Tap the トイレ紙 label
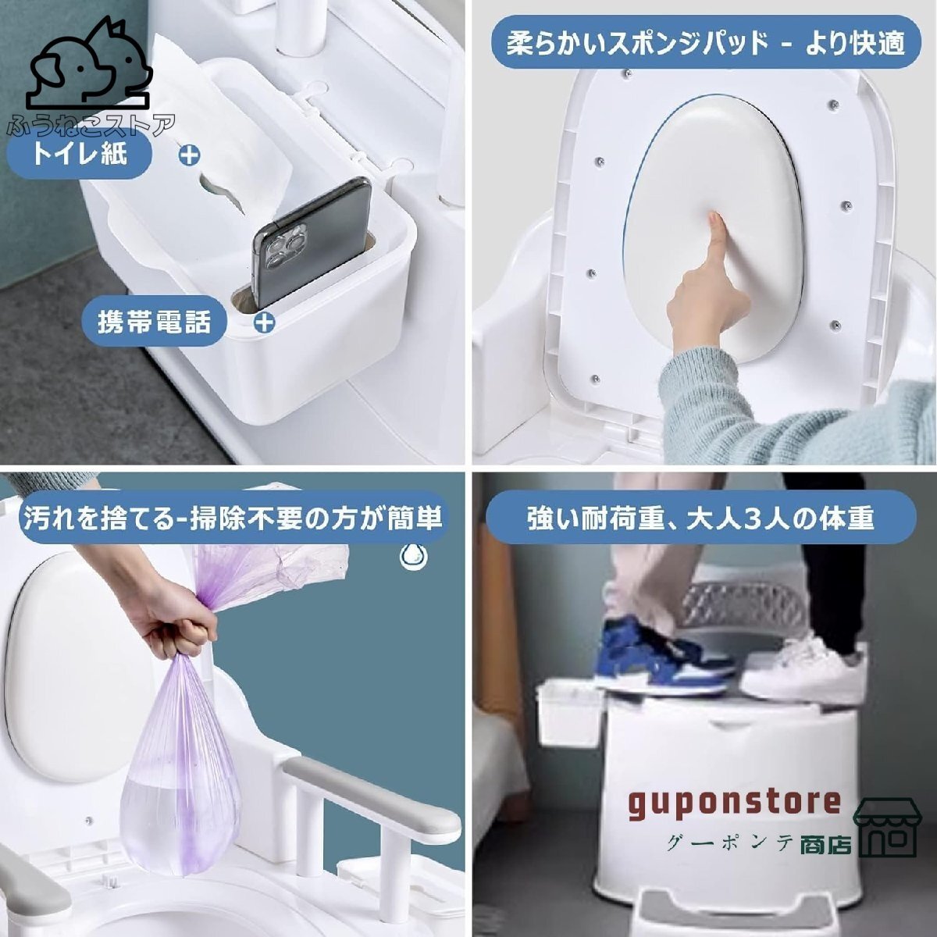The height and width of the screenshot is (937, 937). click(x=78, y=153)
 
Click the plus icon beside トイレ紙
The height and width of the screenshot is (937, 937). click(x=189, y=154)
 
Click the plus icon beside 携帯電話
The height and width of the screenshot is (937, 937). click(x=265, y=321)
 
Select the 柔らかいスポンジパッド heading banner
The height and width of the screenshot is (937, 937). click(x=704, y=43)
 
